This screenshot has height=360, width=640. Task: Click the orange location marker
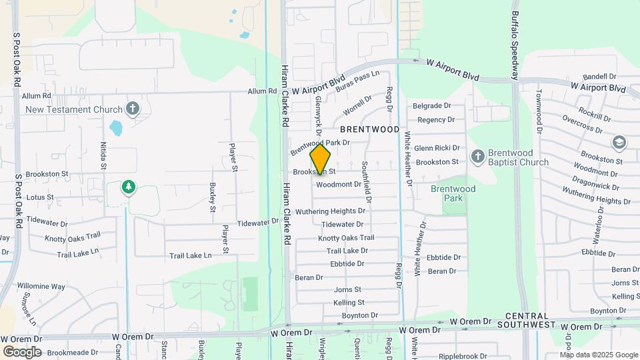click(321, 159)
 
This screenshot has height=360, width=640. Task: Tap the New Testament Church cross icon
click(133, 109)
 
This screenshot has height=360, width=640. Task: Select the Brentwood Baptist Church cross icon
click(477, 157)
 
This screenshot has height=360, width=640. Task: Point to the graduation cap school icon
click(619, 143)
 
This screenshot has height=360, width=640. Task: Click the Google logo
click(22, 351)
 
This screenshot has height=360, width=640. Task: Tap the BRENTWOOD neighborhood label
click(370, 129)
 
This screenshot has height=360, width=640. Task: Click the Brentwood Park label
click(453, 193)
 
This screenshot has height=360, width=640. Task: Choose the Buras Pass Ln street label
click(357, 82)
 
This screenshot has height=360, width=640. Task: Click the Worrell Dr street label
click(357, 105)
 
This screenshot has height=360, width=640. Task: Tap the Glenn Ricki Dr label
click(437, 148)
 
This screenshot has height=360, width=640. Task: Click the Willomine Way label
click(41, 287)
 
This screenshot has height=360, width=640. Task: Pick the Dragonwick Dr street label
click(595, 180)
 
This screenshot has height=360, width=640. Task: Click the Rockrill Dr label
click(595, 114)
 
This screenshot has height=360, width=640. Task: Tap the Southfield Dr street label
click(365, 180)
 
